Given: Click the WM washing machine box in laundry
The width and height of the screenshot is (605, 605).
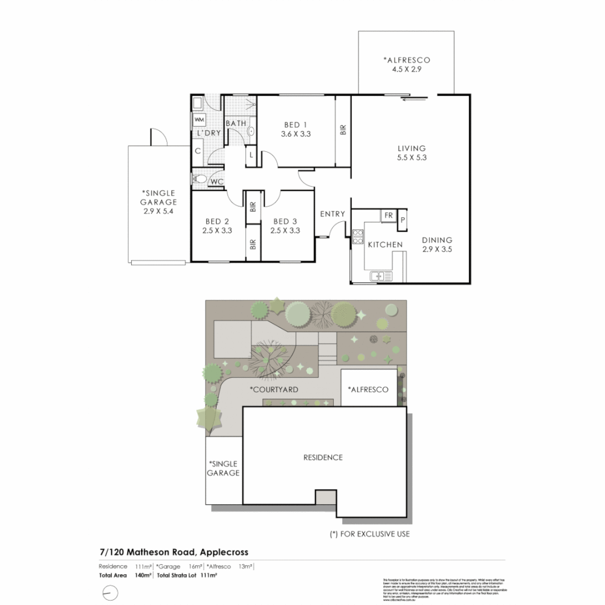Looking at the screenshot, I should click(x=199, y=119).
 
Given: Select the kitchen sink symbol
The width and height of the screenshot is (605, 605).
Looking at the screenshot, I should click(x=381, y=276).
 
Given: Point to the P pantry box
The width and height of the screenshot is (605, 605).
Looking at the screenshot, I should click(x=402, y=221).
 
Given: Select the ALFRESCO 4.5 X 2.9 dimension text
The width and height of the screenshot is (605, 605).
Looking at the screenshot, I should click(x=406, y=69).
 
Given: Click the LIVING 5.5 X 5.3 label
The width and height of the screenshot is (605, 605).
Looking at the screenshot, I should click(x=411, y=153).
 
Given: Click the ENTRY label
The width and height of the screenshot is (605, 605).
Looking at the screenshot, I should click(x=332, y=214).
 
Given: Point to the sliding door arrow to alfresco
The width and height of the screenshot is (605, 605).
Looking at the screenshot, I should click(x=415, y=101).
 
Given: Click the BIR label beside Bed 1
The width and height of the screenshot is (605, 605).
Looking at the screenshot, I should click(x=343, y=130).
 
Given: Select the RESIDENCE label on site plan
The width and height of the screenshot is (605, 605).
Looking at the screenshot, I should click(x=323, y=457).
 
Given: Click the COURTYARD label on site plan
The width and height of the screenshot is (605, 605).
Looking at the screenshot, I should click(x=273, y=389).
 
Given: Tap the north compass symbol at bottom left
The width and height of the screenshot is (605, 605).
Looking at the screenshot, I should click(x=111, y=592).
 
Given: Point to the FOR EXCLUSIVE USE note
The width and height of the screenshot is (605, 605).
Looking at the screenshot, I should click(x=370, y=534).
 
